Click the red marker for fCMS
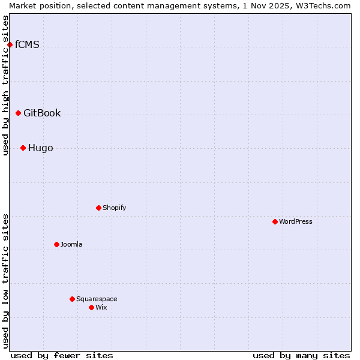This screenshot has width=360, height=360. [10, 44]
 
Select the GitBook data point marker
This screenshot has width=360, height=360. [18, 113]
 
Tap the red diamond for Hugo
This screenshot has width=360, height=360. [23, 148]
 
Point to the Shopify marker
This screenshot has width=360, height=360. [98, 208]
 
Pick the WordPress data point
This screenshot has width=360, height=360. [275, 221]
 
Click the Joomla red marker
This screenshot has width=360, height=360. [56, 244]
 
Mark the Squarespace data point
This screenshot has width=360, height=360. [72, 299]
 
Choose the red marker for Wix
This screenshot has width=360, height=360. [91, 307]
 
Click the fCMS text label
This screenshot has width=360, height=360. [27, 44]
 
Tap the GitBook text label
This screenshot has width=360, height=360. [42, 113]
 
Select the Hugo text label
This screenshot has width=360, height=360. [40, 148]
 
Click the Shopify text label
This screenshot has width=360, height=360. [114, 208]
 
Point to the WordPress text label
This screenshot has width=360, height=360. [296, 221]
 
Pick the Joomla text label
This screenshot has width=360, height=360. [71, 244]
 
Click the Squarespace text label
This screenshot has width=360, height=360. [97, 299]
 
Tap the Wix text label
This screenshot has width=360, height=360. [101, 307]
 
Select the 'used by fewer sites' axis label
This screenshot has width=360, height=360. [62, 355]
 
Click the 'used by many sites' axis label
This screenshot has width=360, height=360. [301, 355]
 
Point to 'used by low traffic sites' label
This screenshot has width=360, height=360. [6, 280]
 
